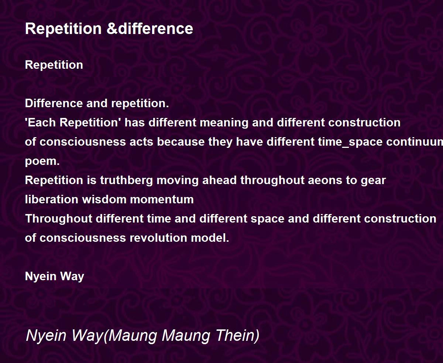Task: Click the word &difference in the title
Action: pyautogui.click(x=150, y=28)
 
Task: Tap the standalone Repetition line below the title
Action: pyautogui.click(x=54, y=65)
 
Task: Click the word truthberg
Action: pyautogui.click(x=126, y=181)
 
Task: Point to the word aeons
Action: pyautogui.click(x=325, y=180)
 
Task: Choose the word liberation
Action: pyautogui.click(x=52, y=199)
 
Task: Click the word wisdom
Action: pyautogui.click(x=104, y=199)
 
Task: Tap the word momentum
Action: pyautogui.click(x=162, y=200)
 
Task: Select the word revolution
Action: pyautogui.click(x=158, y=238)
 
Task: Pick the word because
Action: pyautogui.click(x=181, y=142)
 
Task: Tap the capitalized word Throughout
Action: pyautogui.click(x=59, y=219)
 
